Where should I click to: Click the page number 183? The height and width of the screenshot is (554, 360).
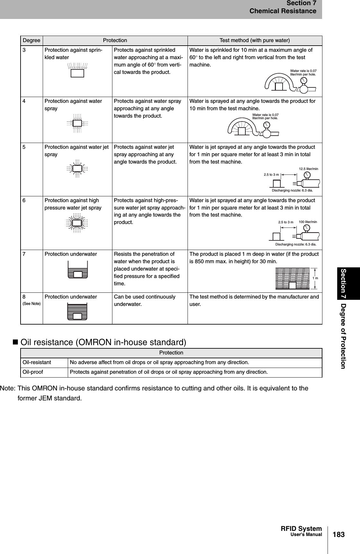338,535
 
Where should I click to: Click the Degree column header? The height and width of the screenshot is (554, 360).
31,40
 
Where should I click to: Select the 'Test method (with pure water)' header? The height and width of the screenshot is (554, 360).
254,40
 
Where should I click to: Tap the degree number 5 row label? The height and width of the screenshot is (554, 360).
24,147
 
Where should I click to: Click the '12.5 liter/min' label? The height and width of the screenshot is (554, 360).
308,169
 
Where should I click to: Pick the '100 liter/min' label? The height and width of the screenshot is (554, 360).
308,222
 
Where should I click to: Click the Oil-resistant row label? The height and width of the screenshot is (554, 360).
37,362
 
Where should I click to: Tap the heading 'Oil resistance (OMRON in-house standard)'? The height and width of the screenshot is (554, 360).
103,342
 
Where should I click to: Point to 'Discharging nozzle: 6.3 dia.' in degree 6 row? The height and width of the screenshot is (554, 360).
296,245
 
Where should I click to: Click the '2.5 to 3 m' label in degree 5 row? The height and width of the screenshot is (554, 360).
271,174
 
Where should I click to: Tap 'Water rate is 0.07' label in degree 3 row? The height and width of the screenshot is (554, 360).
303,71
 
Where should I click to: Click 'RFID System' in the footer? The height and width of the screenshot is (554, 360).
301,529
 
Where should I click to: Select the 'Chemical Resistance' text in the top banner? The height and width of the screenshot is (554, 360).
283,11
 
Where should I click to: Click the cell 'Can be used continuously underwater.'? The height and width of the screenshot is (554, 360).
145,300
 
